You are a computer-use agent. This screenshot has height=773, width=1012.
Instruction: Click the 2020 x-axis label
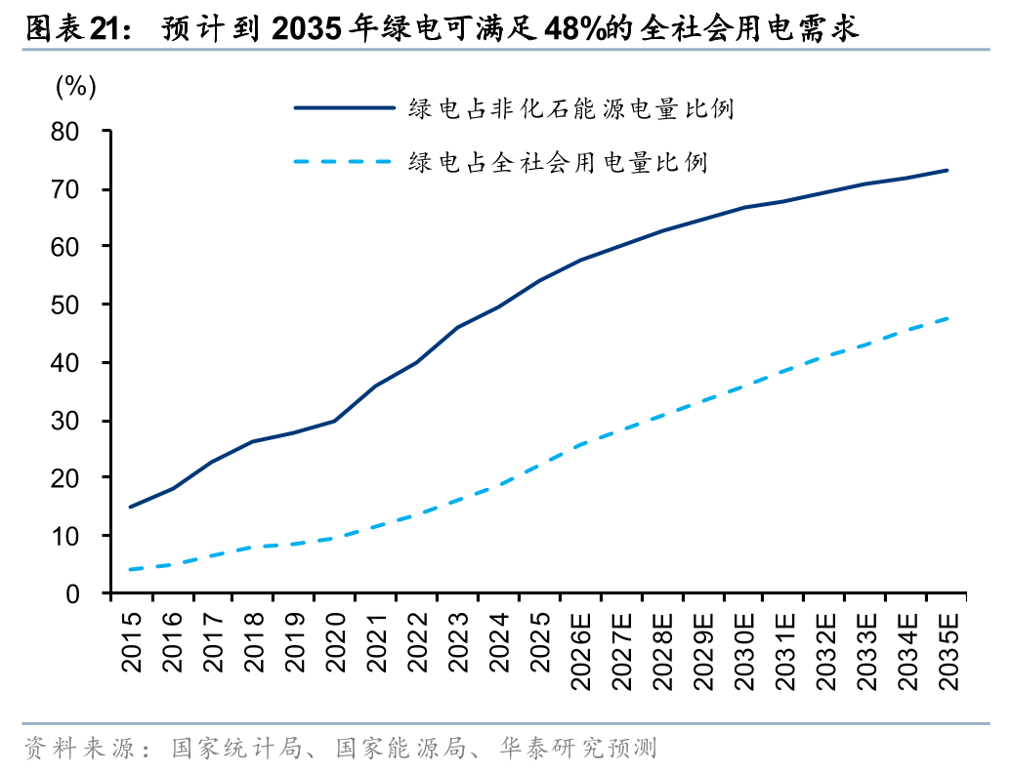(336, 643)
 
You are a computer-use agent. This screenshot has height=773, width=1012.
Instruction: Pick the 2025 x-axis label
(540, 643)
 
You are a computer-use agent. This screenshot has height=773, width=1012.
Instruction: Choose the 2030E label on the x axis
(744, 651)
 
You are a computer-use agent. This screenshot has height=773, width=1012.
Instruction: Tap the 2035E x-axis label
(949, 651)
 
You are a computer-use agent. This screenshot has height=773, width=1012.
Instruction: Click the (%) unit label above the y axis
(75, 87)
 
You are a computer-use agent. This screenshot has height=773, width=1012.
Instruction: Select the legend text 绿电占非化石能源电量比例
(571, 108)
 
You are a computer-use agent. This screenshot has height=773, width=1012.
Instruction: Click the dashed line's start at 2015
(131, 570)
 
